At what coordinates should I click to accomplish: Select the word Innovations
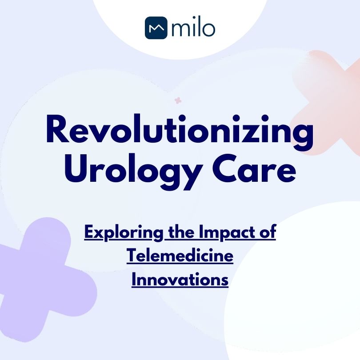[180, 280]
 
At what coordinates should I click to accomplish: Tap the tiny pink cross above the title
[178, 100]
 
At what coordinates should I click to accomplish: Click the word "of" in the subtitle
[268, 233]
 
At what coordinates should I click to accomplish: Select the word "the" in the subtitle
[178, 233]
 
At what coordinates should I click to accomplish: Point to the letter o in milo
[209, 29]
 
